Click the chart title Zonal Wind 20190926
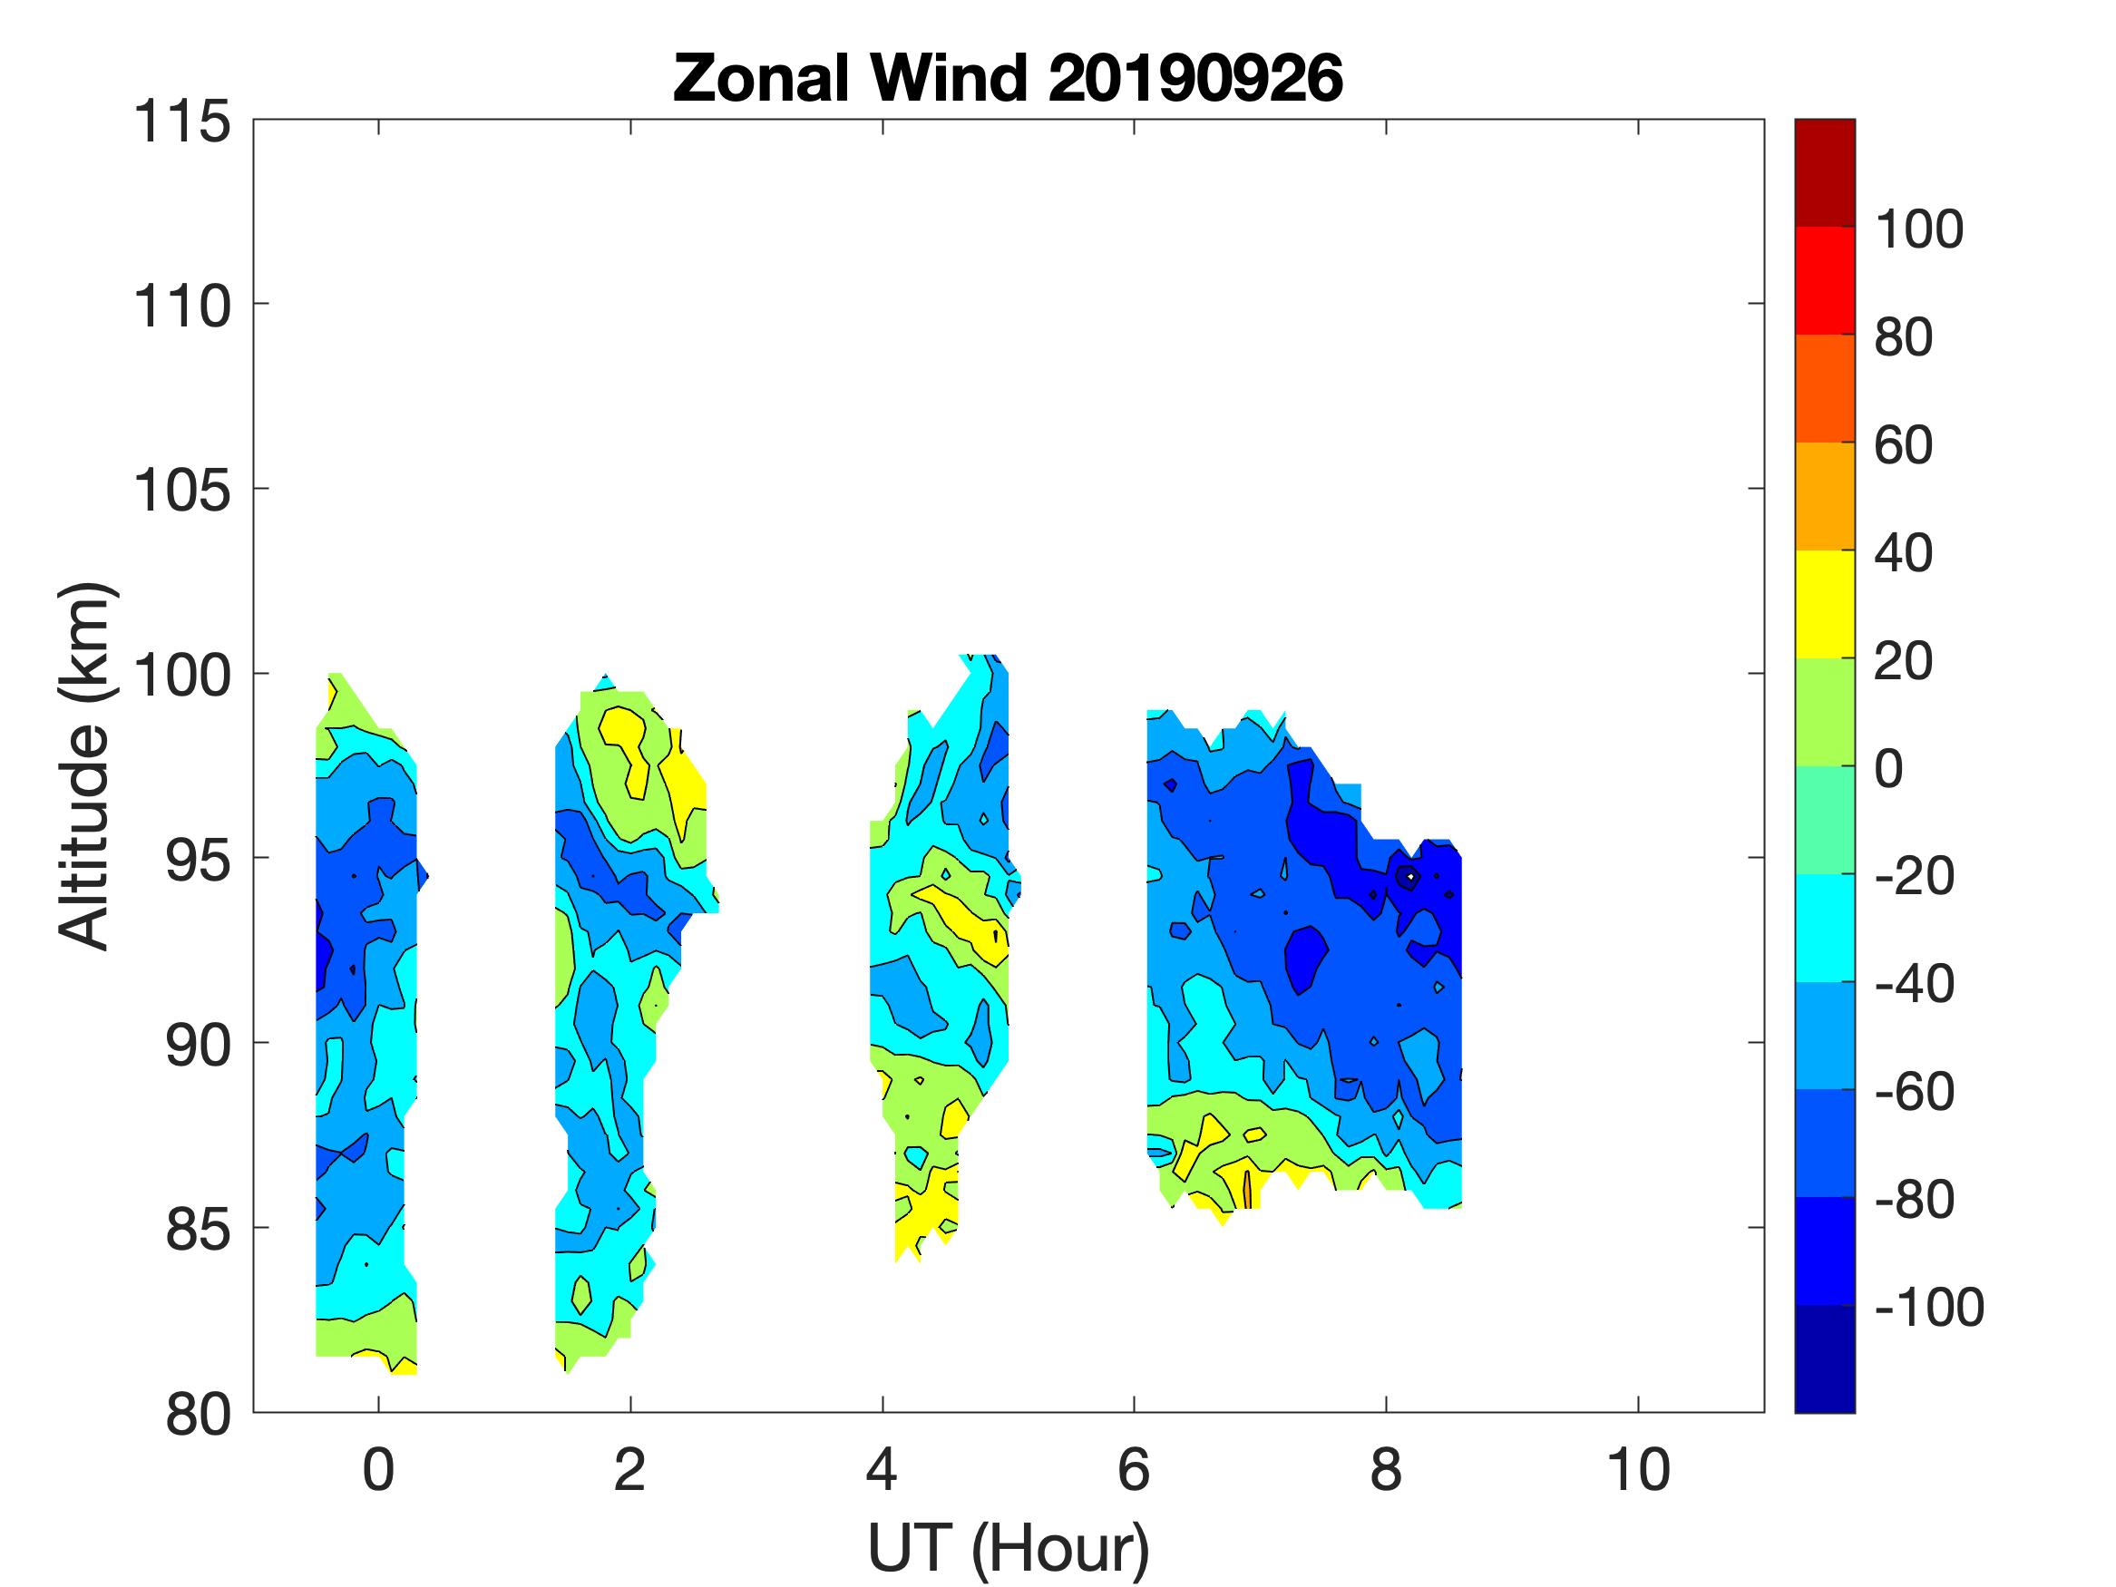point(1008,77)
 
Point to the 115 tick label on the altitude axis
point(181,122)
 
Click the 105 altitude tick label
point(181,492)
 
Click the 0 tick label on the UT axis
point(379,1470)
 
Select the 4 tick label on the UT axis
point(882,1470)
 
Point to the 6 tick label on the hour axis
point(1134,1470)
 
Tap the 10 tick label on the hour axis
point(1639,1470)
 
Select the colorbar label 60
point(1904,445)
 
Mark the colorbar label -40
point(1914,983)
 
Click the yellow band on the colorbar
point(1824,604)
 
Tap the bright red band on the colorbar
point(1824,279)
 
